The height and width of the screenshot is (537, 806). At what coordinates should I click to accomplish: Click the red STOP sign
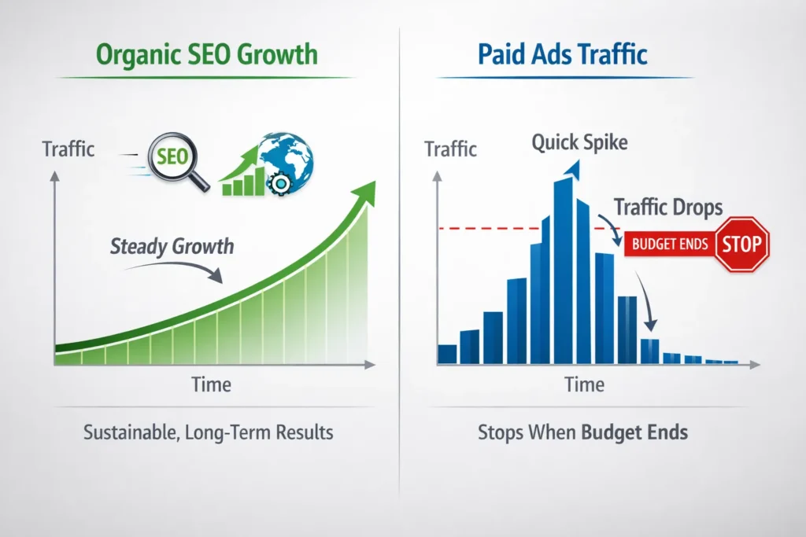[742, 245]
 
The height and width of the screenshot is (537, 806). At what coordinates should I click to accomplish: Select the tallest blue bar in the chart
[563, 271]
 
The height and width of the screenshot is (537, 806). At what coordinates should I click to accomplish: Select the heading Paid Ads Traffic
[563, 54]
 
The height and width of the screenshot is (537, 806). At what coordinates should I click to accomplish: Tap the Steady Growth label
[172, 246]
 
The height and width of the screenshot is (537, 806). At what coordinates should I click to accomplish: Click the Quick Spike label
[579, 142]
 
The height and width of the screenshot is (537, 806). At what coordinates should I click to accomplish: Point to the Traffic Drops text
[667, 208]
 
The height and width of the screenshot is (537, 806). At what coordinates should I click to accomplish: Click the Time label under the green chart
[211, 384]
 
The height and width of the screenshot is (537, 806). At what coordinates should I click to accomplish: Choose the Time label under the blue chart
[584, 384]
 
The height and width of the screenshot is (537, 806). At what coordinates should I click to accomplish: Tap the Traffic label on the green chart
[68, 148]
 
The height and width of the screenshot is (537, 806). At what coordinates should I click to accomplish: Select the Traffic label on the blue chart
[450, 148]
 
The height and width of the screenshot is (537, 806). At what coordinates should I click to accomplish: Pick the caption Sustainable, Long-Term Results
[207, 432]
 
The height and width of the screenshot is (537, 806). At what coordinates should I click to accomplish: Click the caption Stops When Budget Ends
[582, 432]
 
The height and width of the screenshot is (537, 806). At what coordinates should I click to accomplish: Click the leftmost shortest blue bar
[447, 354]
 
